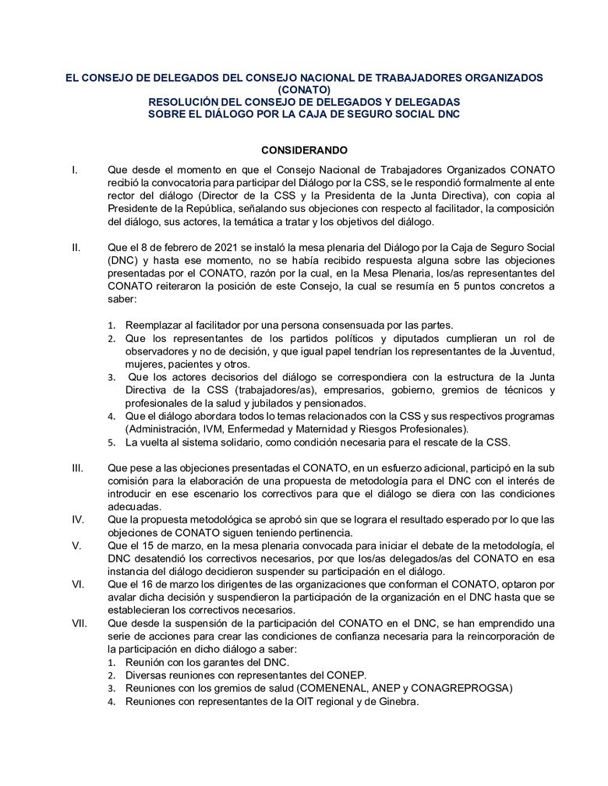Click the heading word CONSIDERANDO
point(304,150)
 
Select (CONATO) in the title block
point(304,90)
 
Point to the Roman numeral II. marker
point(76,248)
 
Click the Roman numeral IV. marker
point(77,518)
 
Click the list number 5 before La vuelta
point(111,443)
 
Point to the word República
point(210,209)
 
